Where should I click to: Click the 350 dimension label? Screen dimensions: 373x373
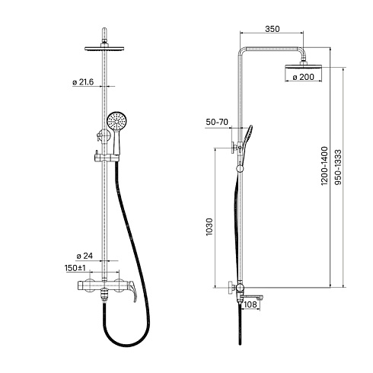tap(273, 29)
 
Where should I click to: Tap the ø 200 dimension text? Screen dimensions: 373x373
tap(303, 77)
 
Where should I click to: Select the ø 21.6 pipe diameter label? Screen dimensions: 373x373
tap(83, 82)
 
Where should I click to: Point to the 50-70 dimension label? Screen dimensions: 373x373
tap(217, 122)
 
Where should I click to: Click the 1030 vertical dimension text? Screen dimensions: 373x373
tap(209, 227)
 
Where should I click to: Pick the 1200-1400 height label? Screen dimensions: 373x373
tap(324, 166)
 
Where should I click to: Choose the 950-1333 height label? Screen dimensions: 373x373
tap(338, 167)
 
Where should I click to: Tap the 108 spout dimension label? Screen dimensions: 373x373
tap(250, 304)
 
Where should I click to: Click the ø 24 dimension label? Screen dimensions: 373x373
tap(84, 256)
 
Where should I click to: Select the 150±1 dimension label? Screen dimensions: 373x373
tap(75, 268)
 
